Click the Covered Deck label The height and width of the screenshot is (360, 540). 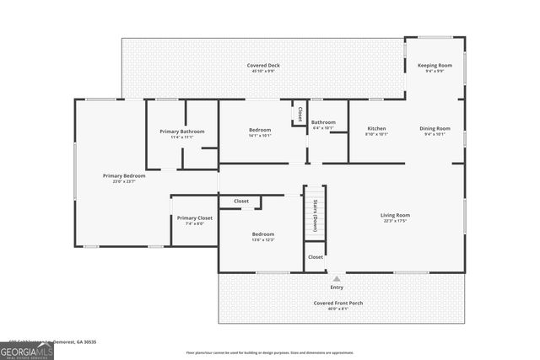click(x=263, y=65)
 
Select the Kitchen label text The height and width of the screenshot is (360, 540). click(x=376, y=128)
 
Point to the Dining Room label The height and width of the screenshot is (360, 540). click(x=435, y=128)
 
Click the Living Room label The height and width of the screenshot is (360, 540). click(x=395, y=215)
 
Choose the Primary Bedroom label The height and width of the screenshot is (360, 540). click(x=124, y=175)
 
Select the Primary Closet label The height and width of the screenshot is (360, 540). click(x=194, y=218)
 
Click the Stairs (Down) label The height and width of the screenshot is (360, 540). click(x=315, y=219)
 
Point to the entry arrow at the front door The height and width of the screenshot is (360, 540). click(x=337, y=277)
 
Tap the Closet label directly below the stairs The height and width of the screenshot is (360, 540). click(x=315, y=256)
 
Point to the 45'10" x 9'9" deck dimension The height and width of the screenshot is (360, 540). click(x=263, y=72)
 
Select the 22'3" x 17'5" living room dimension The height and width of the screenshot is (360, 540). click(x=395, y=222)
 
